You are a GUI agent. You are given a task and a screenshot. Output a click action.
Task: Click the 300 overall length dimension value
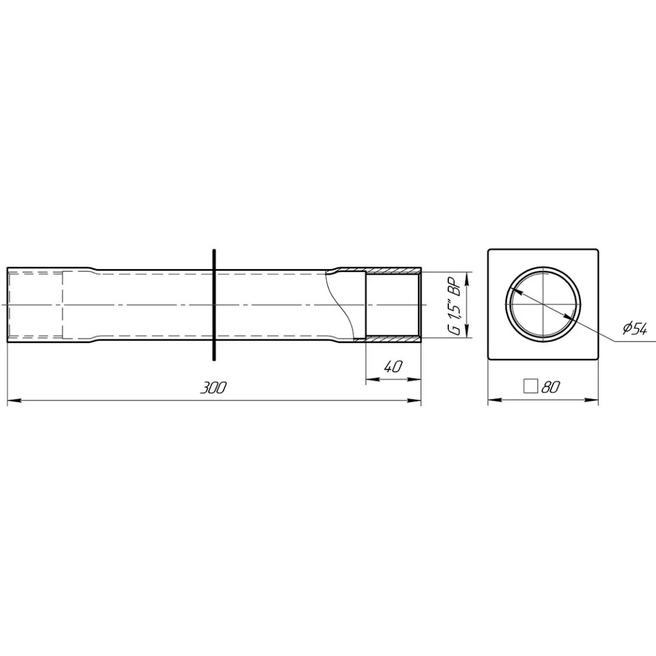tap(213, 388)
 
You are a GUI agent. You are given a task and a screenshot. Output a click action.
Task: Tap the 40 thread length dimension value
tap(392, 367)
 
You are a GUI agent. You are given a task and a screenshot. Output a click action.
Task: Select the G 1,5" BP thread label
tap(454, 305)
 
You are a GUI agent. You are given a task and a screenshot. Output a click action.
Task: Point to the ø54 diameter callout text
tap(634, 330)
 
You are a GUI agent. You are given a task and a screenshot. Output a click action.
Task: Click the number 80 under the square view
tap(550, 388)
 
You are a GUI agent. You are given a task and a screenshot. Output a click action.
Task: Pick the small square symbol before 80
tap(530, 386)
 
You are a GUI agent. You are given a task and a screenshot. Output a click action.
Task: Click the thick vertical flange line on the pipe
tap(214, 304)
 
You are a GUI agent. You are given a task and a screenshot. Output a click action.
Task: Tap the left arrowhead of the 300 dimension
tap(13, 401)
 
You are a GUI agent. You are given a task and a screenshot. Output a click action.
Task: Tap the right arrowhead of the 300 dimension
tap(415, 401)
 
